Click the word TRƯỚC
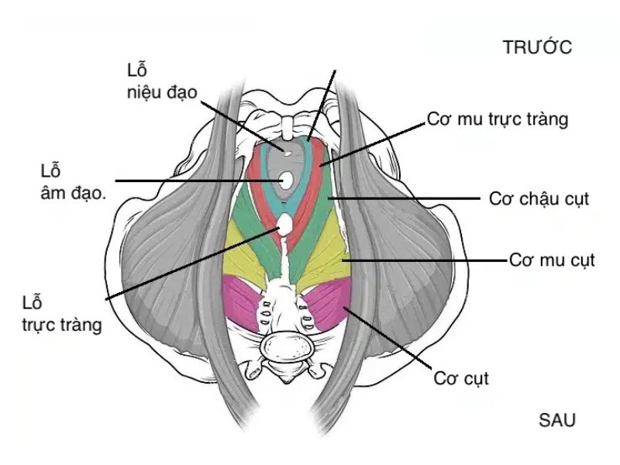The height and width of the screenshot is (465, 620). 537,47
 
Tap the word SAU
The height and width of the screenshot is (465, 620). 556,420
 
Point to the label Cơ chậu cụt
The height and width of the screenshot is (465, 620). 539,198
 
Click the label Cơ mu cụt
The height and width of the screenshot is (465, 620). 552,260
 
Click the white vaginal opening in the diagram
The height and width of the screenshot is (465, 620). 285,180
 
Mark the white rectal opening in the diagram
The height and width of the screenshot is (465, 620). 284,225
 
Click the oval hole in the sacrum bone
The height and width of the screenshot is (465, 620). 286,346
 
